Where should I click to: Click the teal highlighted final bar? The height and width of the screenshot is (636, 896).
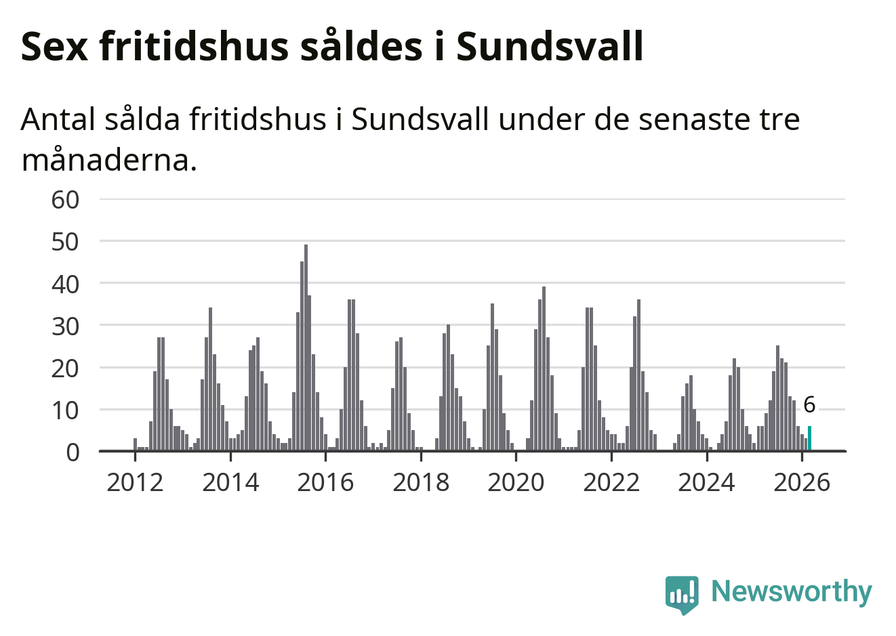pos(809,438)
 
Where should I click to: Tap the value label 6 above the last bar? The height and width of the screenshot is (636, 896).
pos(809,405)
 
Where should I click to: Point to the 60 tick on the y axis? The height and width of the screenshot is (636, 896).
pos(65,200)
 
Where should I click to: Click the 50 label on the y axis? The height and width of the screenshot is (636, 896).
pos(65,242)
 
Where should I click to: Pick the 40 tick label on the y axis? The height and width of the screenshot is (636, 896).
pos(65,284)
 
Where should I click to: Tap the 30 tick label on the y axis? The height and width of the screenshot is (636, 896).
pos(65,326)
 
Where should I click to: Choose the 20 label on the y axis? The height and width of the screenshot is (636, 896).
pos(65,368)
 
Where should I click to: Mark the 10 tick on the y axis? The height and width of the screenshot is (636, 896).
pos(65,410)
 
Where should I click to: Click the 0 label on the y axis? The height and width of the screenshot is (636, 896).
pos(73,452)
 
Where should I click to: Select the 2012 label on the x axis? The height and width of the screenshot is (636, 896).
pos(136,482)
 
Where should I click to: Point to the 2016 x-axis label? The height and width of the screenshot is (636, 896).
pos(325,482)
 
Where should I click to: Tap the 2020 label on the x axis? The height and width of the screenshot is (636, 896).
pos(516,482)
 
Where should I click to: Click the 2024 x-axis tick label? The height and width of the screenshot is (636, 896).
pos(706,482)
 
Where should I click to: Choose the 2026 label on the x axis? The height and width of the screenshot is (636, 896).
pos(802,482)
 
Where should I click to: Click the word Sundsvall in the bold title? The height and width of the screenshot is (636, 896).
pos(550,47)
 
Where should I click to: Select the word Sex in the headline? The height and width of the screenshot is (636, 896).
pos(55,47)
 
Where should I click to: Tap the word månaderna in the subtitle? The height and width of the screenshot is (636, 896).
pos(109,161)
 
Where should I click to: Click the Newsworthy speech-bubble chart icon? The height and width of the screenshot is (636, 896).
pos(681,594)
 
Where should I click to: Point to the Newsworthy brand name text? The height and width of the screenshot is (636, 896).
pos(791,591)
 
